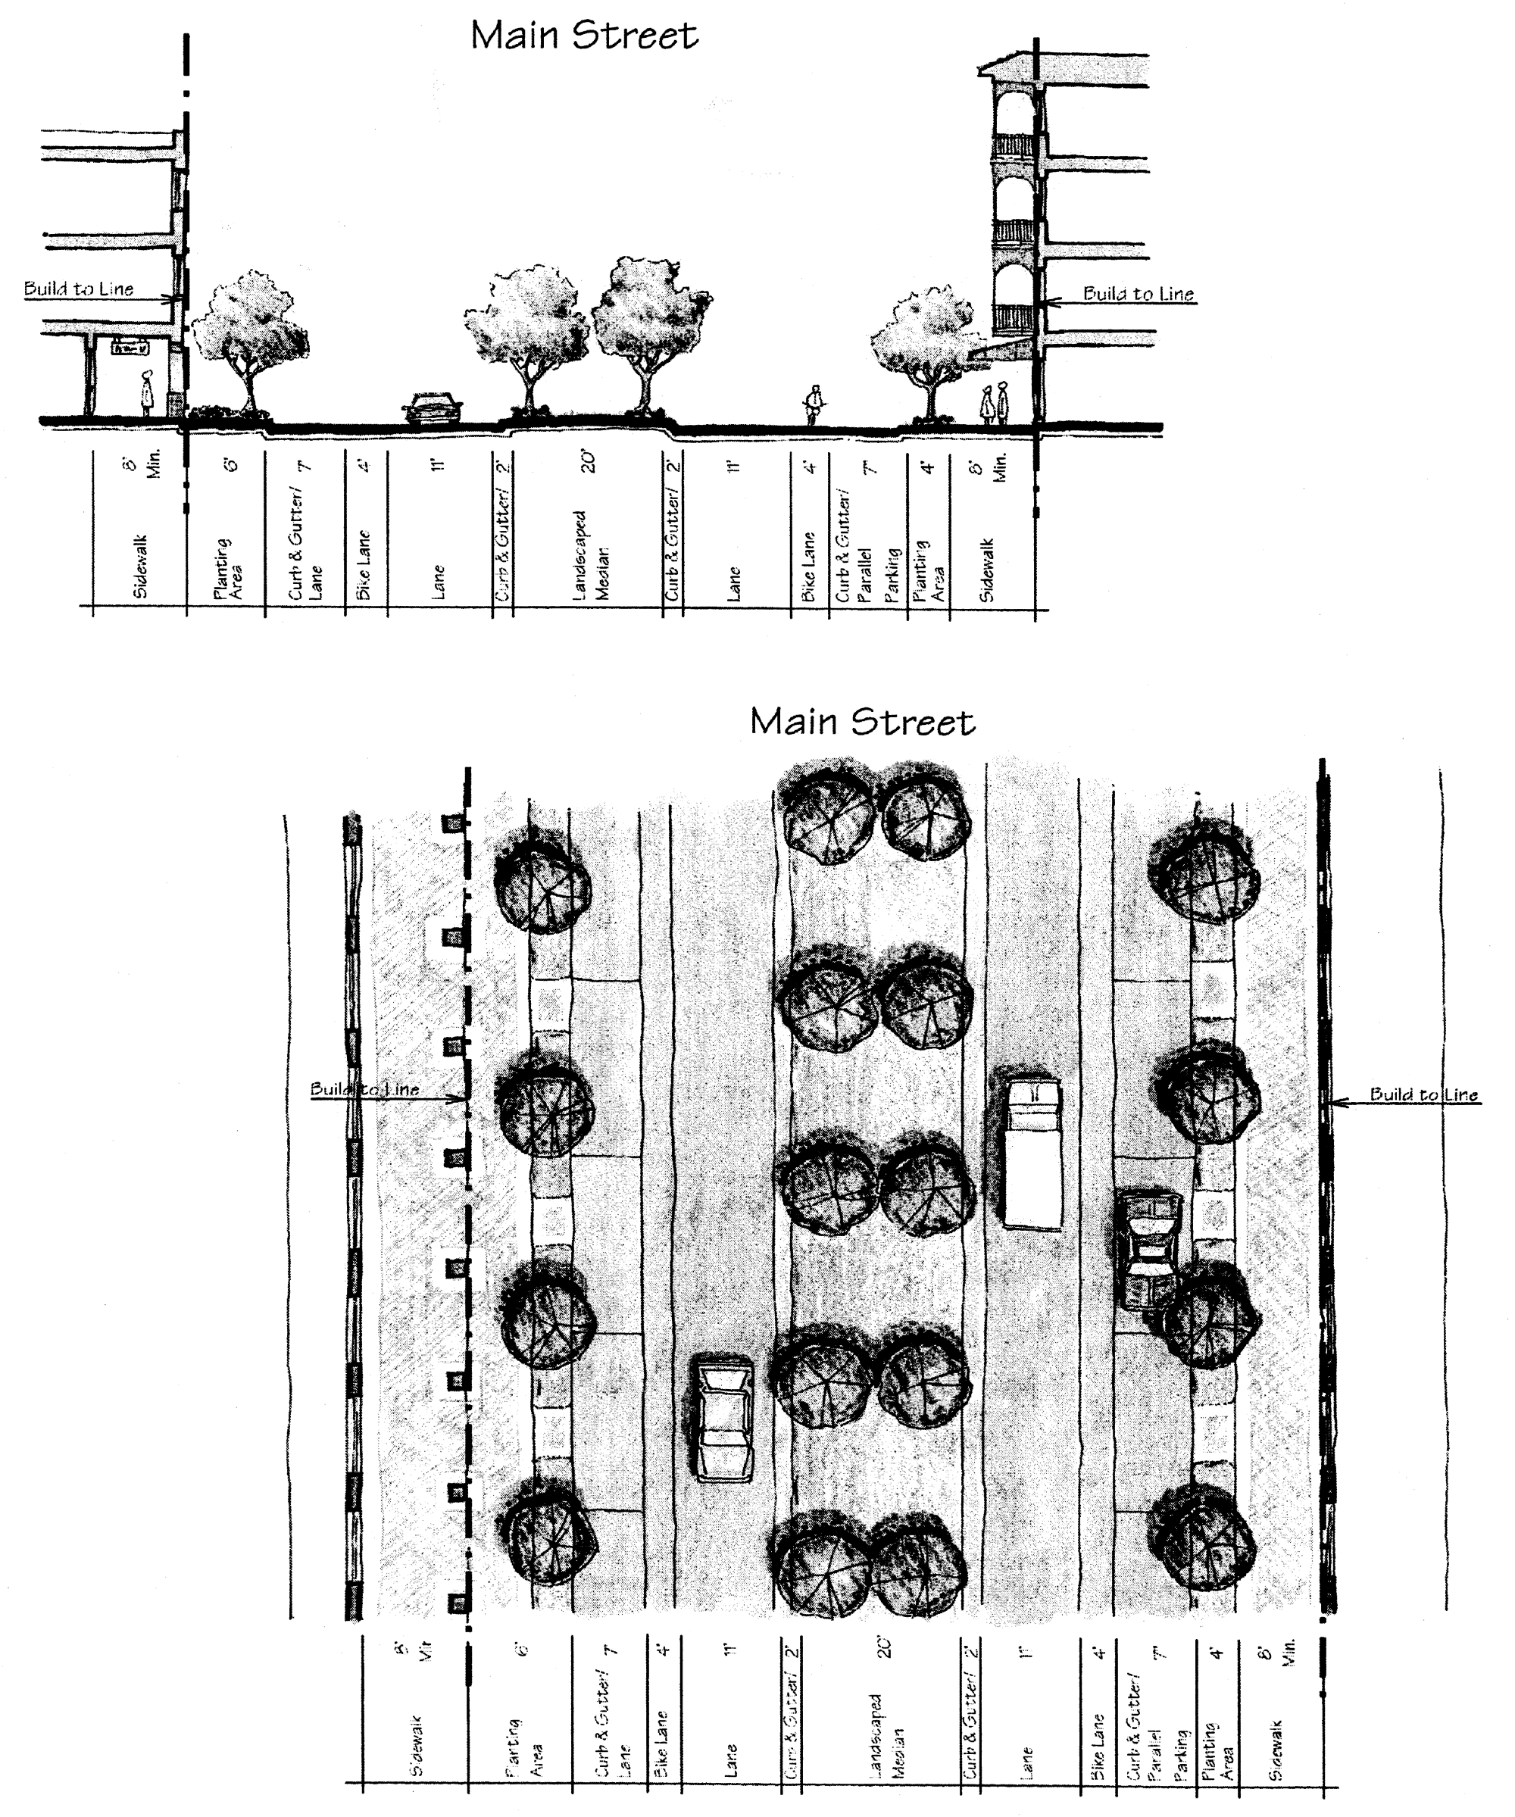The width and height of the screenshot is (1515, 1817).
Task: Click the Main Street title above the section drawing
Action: (x=584, y=36)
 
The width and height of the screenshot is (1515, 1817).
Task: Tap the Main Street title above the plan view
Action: (x=862, y=723)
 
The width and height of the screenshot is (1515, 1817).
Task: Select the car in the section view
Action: (x=433, y=408)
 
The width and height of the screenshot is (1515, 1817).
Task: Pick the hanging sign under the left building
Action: (x=130, y=347)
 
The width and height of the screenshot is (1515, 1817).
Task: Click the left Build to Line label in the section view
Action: (x=79, y=289)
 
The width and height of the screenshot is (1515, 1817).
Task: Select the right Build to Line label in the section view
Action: (x=1138, y=294)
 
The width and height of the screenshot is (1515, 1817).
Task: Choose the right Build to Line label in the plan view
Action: (x=1423, y=1094)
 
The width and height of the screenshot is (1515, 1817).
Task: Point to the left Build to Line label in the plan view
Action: (x=364, y=1089)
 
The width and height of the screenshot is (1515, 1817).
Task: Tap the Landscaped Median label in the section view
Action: (x=592, y=554)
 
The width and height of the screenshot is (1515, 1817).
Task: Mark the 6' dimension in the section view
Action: (x=232, y=464)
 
